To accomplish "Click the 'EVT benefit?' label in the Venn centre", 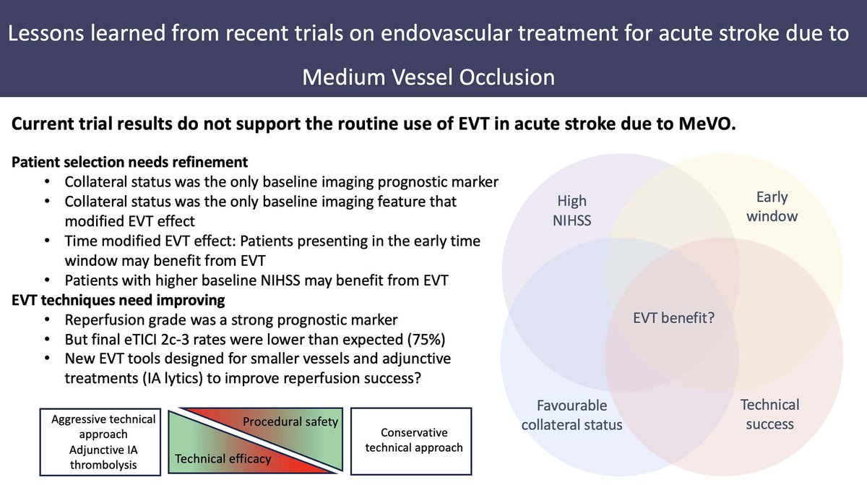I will (673, 318).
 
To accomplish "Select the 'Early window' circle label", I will (772, 207).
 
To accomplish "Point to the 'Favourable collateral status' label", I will (571, 414).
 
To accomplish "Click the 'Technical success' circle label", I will (769, 414).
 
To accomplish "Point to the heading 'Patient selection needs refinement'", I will (130, 161).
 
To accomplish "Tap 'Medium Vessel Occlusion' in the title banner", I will (428, 77).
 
